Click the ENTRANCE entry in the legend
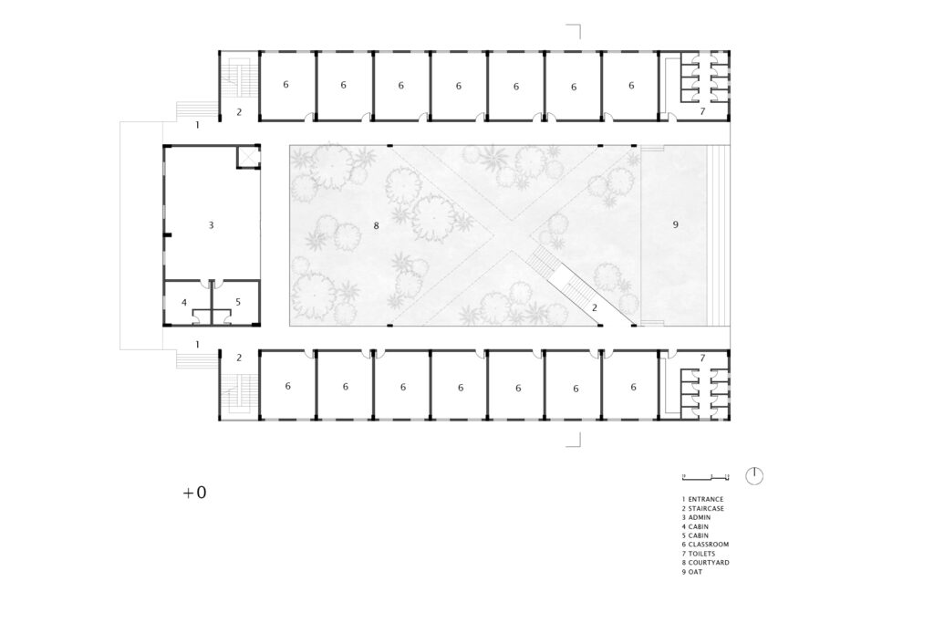coord(703,499)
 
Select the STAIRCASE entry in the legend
coord(703,509)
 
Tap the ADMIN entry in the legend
coord(696,517)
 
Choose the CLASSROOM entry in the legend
coord(705,545)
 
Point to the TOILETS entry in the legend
coord(699,554)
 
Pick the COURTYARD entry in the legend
coord(706,563)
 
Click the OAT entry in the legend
coord(692,572)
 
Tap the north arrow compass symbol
coord(754,476)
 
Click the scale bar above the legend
coord(706,477)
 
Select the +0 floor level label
coord(195,493)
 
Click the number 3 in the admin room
coord(211,225)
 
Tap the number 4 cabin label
coord(184,303)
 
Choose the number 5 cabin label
coord(238,303)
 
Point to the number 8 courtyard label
coord(376,225)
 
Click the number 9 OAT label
coord(676,224)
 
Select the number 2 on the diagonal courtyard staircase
coord(595,308)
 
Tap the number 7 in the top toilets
coord(703,111)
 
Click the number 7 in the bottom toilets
coord(703,358)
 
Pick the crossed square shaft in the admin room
coord(248,157)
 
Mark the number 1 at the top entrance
coord(197,125)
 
